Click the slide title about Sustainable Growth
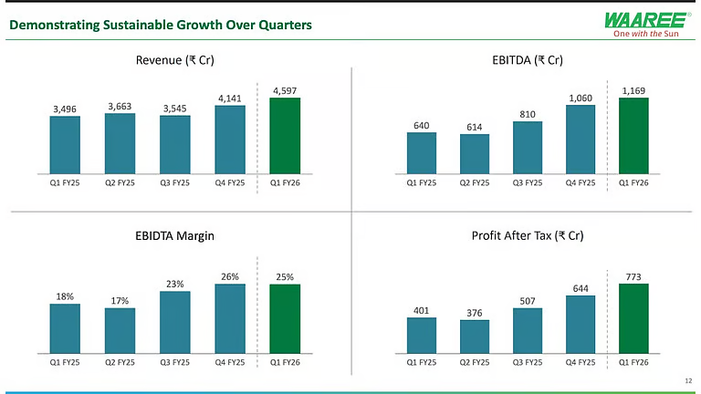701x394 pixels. pos(160,25)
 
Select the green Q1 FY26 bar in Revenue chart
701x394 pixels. pos(285,135)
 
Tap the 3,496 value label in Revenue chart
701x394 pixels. pos(65,109)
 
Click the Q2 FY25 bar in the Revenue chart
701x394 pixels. pos(120,142)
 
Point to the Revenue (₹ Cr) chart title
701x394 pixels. pos(174,61)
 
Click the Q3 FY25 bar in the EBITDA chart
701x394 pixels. pos(528,147)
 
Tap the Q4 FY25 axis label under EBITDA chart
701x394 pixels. pos(581,182)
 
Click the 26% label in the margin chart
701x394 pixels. pos(230,276)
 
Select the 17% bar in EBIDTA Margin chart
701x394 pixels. pos(120,329)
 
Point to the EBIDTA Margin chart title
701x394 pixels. pos(174,235)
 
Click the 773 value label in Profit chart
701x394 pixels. pos(633,275)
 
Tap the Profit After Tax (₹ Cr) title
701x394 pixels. pos(528,235)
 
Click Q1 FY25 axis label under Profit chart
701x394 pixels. pos(422,362)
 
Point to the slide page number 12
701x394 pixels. pos(687,378)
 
